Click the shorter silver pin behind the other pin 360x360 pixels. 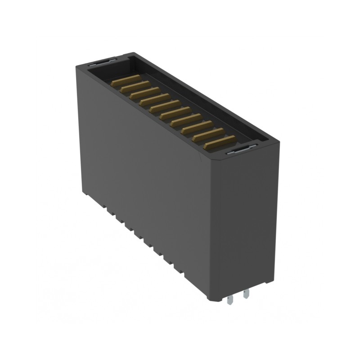(x=246, y=295)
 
